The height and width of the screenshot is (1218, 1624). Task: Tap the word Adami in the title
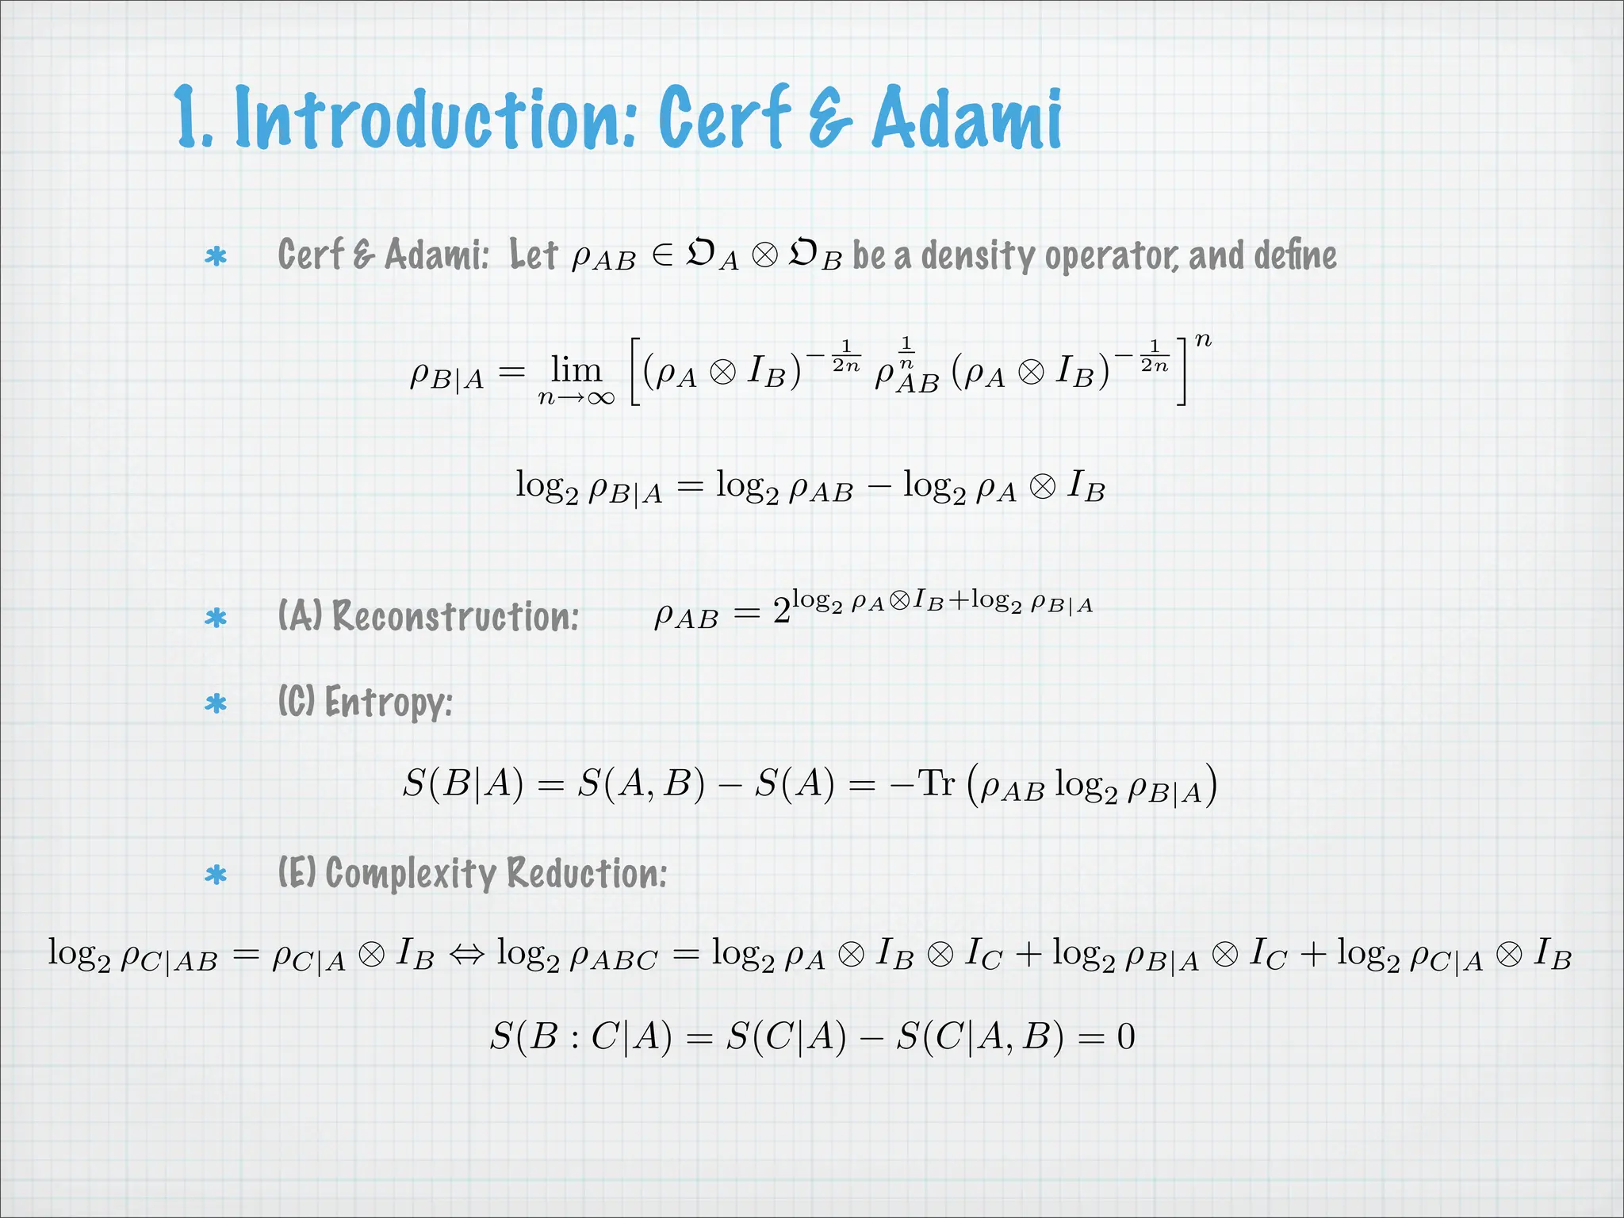click(967, 119)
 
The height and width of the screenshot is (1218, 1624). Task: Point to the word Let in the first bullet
click(534, 255)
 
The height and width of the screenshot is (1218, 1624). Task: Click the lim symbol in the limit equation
click(576, 370)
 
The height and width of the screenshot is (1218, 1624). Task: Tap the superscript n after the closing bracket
click(1203, 340)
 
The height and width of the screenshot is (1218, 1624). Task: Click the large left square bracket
click(634, 371)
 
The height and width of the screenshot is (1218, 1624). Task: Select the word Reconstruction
click(455, 616)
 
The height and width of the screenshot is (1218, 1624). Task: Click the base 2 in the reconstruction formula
click(781, 611)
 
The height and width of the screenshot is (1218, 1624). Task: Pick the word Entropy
click(388, 703)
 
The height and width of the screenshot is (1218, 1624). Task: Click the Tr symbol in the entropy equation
click(936, 783)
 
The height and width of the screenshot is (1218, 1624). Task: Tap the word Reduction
click(587, 874)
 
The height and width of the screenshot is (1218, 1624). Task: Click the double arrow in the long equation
click(465, 954)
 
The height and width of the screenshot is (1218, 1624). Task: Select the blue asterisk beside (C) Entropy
click(216, 703)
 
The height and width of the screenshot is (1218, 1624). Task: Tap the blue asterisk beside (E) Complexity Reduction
click(216, 875)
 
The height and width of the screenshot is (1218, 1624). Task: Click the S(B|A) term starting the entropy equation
click(463, 784)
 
